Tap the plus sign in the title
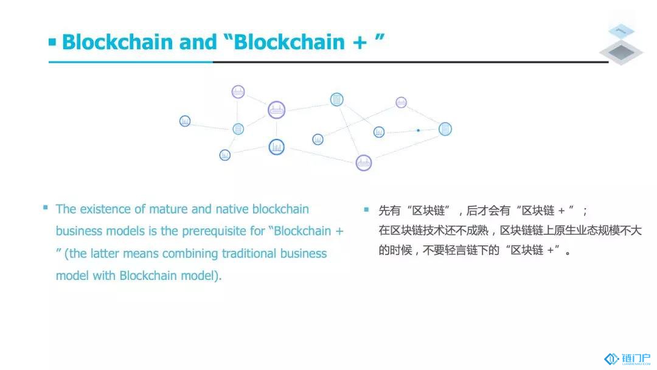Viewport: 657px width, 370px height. [x=360, y=43]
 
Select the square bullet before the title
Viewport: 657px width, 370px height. [x=52, y=42]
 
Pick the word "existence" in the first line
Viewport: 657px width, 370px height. [x=105, y=209]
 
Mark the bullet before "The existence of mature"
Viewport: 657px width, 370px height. [x=45, y=208]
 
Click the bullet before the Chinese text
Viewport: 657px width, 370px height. [x=367, y=209]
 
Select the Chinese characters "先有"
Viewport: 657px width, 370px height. [x=390, y=211]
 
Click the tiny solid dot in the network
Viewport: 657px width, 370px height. [x=418, y=130]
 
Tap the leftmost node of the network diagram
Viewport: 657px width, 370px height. [x=185, y=121]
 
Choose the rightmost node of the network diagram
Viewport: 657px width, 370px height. [x=445, y=129]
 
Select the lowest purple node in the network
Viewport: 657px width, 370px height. [x=364, y=163]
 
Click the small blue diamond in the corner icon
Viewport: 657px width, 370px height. [x=621, y=31]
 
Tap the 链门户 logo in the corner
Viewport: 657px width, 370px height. [x=627, y=359]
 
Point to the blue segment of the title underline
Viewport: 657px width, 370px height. [x=131, y=62]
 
